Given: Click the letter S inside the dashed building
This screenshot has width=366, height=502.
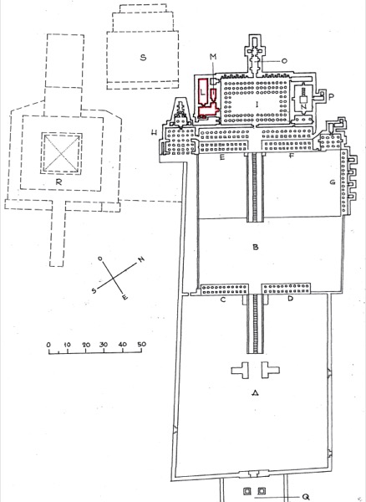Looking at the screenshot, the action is tap(143, 58).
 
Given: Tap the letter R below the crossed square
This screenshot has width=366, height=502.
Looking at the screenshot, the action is tap(58, 182).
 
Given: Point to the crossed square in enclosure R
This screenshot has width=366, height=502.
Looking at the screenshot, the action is tap(61, 154).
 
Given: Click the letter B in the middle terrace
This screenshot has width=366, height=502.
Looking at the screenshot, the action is tap(256, 247).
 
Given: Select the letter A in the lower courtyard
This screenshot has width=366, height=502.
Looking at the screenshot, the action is tap(255, 393).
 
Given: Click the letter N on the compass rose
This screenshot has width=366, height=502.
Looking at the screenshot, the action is tap(141, 259).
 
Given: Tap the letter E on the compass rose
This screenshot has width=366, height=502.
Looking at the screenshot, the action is tap(125, 297).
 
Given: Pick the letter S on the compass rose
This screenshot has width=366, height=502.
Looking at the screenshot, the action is tap(94, 290).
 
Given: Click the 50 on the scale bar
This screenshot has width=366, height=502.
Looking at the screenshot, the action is tap(141, 344).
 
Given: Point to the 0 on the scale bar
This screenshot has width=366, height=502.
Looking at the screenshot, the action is tap(48, 345).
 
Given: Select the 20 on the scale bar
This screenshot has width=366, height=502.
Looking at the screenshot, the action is tap(86, 345).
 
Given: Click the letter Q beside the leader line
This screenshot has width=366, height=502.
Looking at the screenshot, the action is tap(306, 497).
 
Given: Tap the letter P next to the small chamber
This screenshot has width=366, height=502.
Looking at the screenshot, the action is tap(331, 97).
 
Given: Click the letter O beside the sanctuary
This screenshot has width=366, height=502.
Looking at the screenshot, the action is tap(284, 60).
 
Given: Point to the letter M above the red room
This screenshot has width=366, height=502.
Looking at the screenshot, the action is tap(213, 57).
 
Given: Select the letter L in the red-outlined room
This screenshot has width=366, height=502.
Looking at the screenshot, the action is tap(202, 92).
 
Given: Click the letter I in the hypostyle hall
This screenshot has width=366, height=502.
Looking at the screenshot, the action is tap(257, 104).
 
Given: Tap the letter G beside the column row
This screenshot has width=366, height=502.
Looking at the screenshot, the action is tap(333, 182).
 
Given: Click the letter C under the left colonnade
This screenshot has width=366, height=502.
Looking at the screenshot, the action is tap(223, 300).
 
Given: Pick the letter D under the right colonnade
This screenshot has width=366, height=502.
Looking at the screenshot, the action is tap(290, 299).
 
